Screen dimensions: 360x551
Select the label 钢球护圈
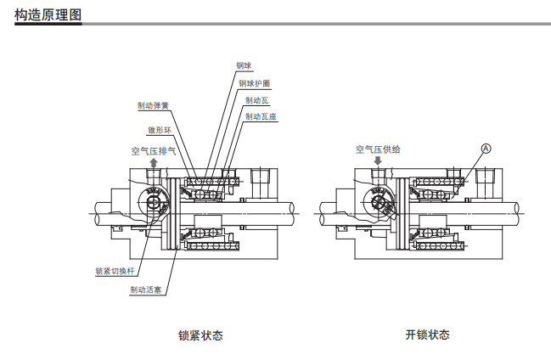pos(255,83)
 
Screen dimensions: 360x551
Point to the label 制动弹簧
pos(153,106)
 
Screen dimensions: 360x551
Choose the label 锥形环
pos(160,131)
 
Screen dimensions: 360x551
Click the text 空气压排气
pos(154,150)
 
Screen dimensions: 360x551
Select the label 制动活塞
pos(146,290)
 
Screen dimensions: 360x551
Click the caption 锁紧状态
pos(201,335)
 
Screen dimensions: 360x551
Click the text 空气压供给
pos(379,149)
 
